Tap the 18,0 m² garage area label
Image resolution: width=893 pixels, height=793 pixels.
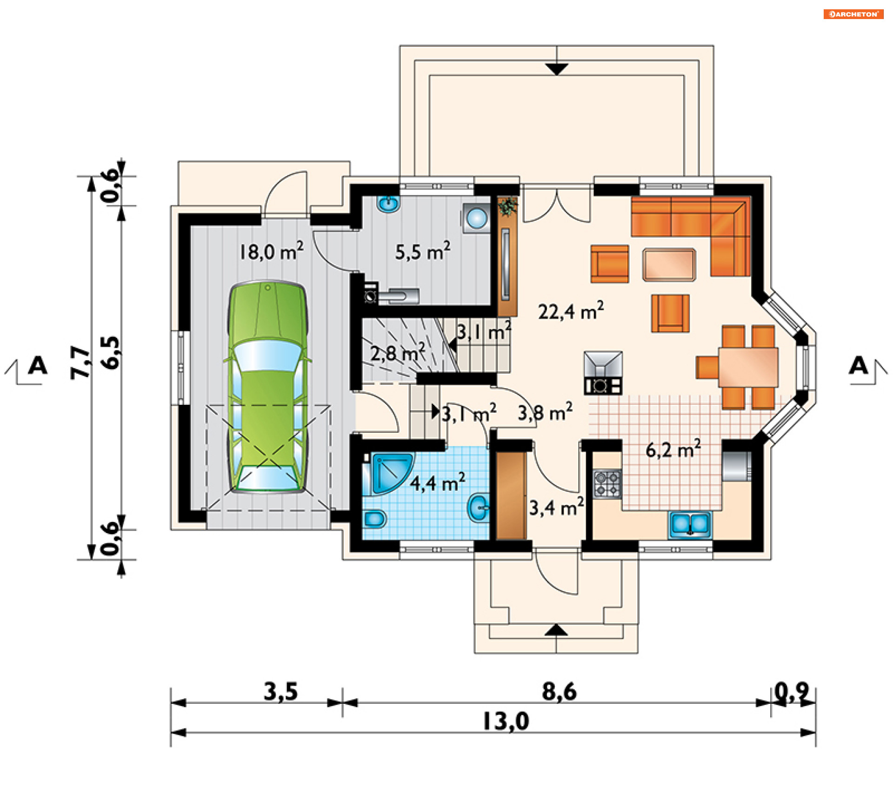point(271,251)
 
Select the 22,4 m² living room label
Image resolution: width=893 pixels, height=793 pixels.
point(571,311)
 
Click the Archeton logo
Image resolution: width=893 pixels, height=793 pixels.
point(853,14)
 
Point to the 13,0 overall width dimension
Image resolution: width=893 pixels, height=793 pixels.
point(506,721)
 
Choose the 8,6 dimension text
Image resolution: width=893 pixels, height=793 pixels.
point(559,691)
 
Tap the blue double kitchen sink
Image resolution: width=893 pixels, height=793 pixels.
point(690,524)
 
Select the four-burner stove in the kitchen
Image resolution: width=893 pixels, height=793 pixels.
point(607,484)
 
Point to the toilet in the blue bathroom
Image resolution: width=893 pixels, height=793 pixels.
point(374,519)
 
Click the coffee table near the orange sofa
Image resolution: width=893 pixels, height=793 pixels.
point(669,264)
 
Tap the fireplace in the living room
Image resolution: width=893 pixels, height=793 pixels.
point(603,373)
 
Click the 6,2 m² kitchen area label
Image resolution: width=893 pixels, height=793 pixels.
point(673,449)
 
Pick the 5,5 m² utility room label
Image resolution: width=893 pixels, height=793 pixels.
point(423,251)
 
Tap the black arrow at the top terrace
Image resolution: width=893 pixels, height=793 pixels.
point(557,69)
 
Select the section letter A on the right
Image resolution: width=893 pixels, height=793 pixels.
point(858,365)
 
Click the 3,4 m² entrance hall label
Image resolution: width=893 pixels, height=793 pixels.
point(556,507)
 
